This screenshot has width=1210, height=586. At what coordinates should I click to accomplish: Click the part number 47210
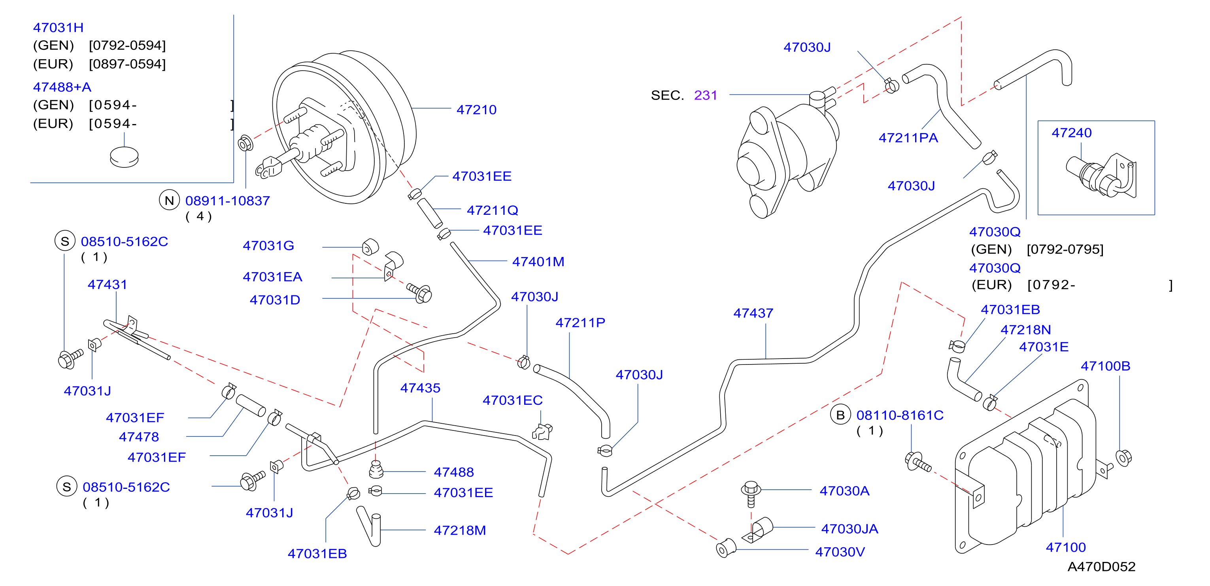476,110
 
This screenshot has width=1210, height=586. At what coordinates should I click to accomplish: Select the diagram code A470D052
1102,567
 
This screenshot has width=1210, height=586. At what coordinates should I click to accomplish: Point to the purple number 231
706,95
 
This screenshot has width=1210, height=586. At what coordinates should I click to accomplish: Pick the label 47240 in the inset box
1071,133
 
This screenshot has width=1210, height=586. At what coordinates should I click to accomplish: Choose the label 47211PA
908,138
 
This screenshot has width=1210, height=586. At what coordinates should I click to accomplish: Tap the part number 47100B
1106,366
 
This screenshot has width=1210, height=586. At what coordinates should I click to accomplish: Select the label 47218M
460,530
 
